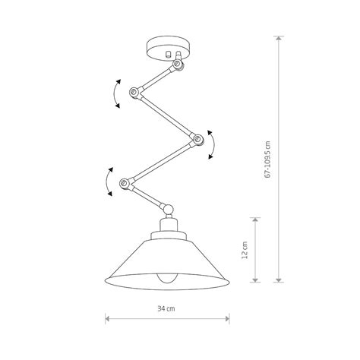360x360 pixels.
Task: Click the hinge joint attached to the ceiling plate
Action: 179,65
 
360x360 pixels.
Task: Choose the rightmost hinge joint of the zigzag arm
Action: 195,138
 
